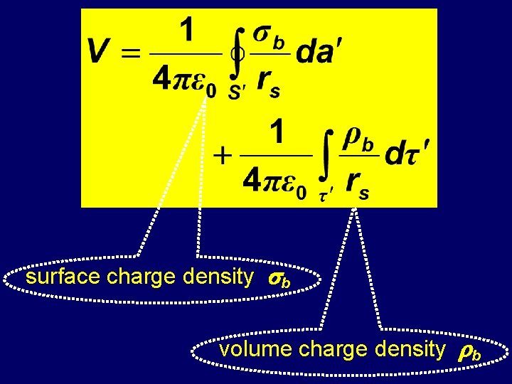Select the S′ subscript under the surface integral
click(x=236, y=94)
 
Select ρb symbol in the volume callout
click(x=468, y=351)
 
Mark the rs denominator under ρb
click(x=356, y=185)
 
